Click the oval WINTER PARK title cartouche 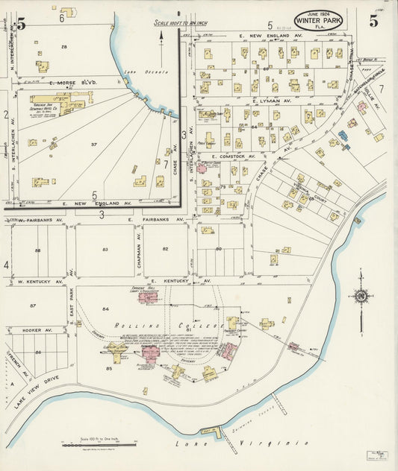pos(319,21)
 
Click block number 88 pos(37,250)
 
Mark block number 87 pos(32,306)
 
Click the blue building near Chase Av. pos(343,136)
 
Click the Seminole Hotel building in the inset pos(60,101)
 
